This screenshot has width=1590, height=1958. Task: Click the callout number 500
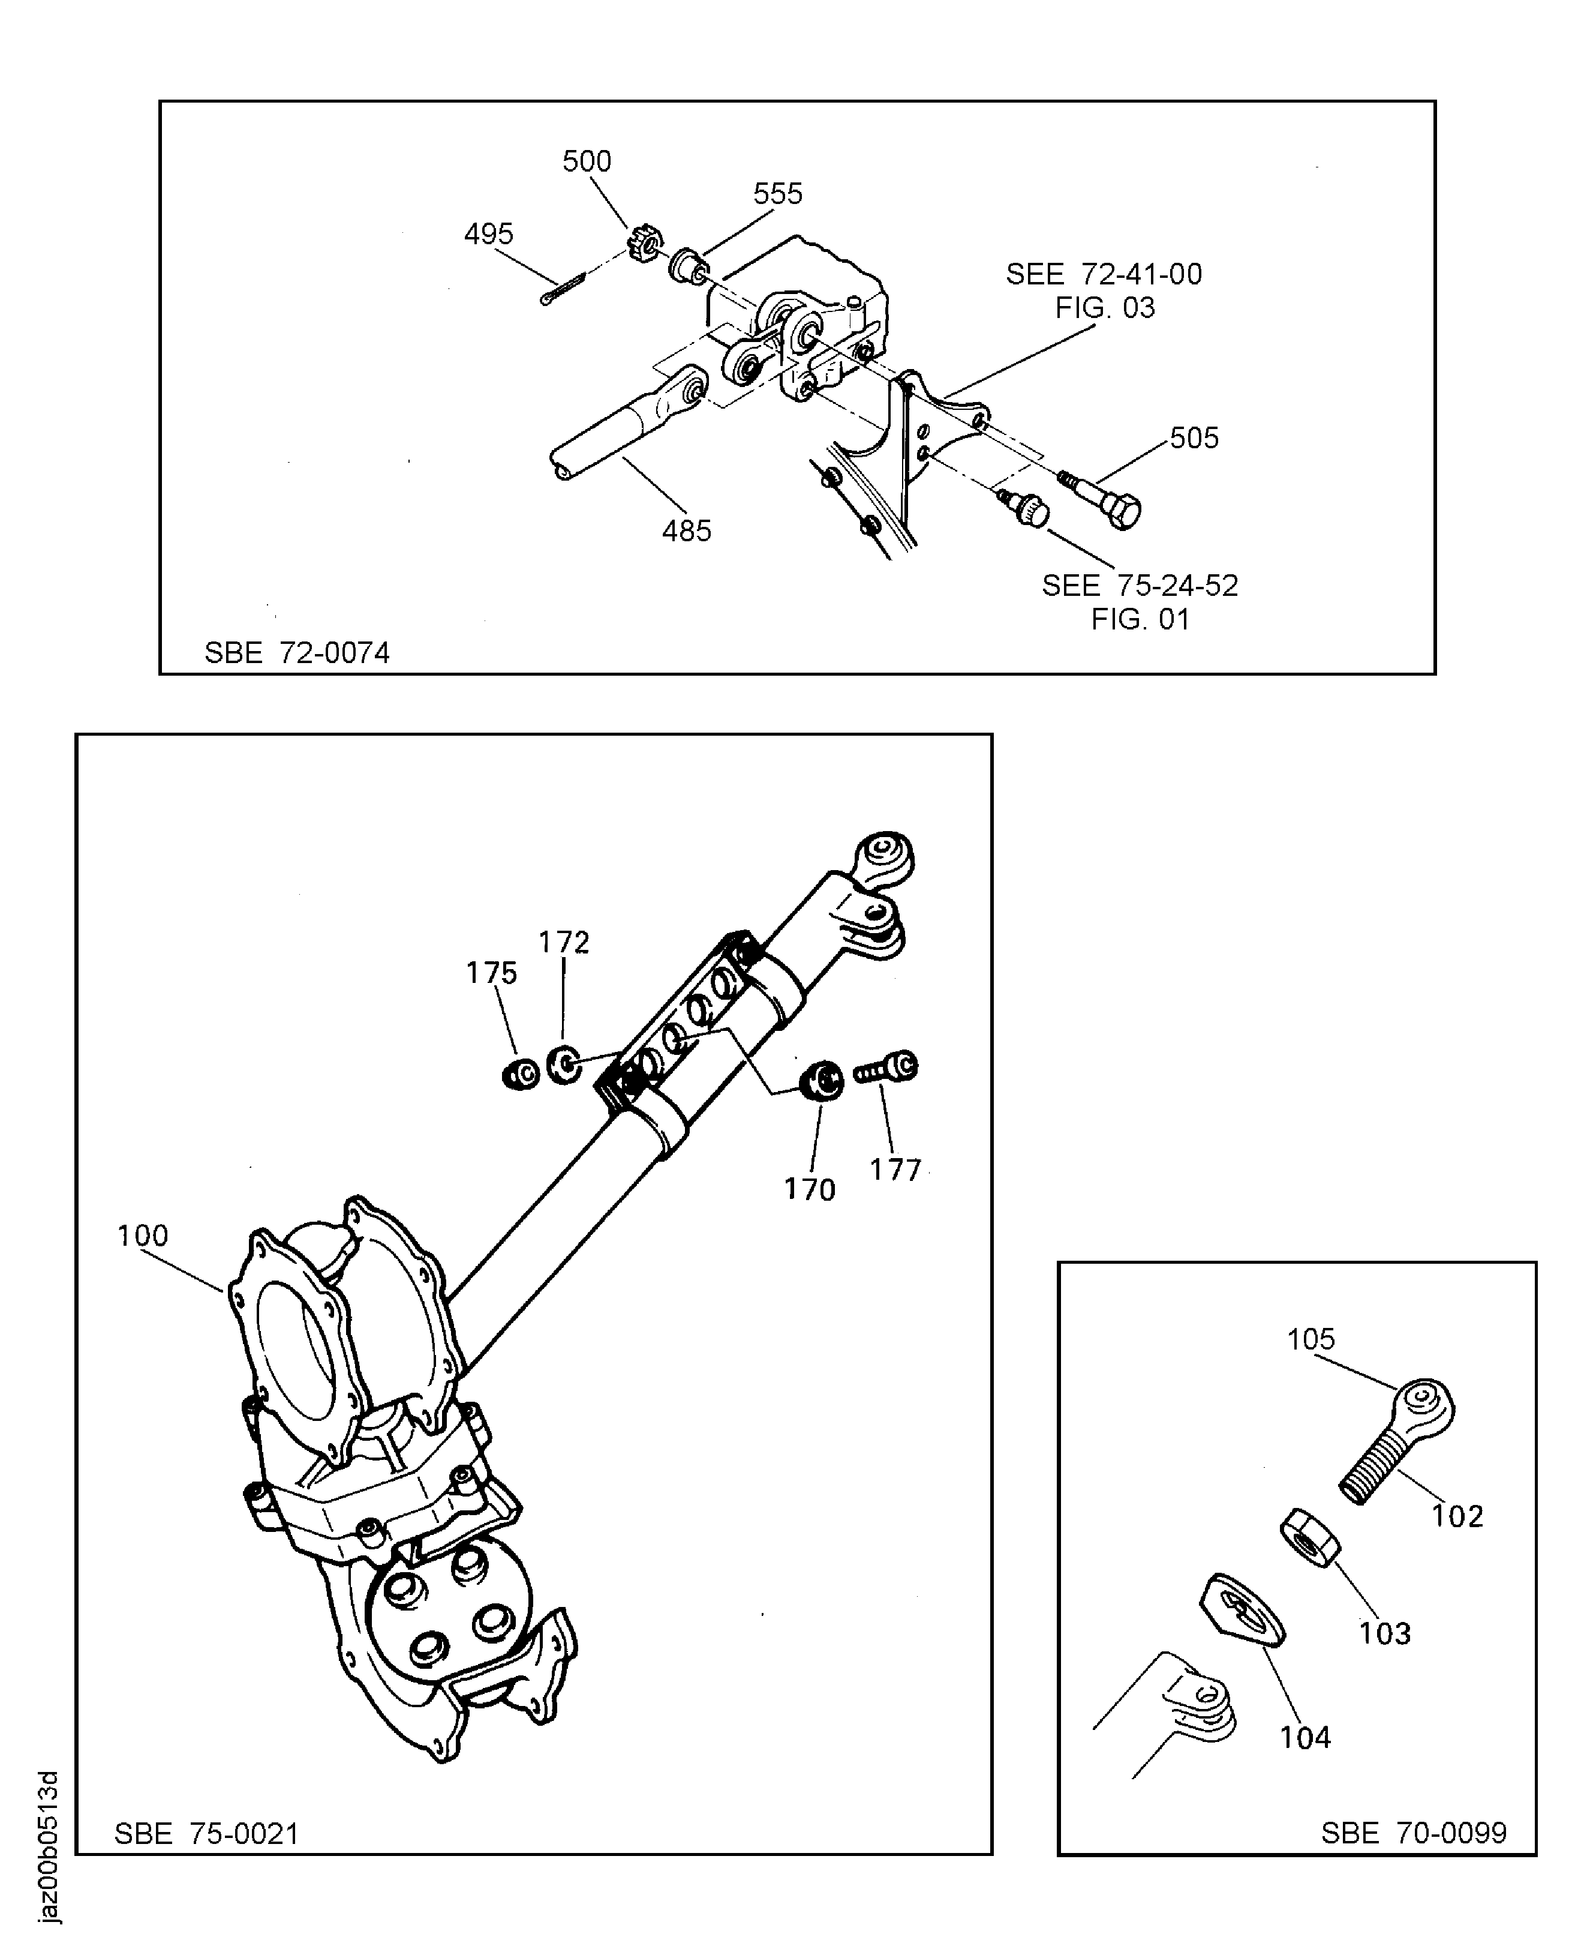pyautogui.click(x=586, y=161)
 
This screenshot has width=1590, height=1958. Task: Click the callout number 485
pyautogui.click(x=686, y=530)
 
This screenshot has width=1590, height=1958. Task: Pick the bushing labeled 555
pyautogui.click(x=688, y=265)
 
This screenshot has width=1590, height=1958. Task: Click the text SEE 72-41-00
pyautogui.click(x=1104, y=274)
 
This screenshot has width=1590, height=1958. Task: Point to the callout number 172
pyautogui.click(x=563, y=942)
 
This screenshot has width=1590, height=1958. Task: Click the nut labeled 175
pyautogui.click(x=522, y=1073)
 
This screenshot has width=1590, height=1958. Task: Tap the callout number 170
pyautogui.click(x=810, y=1189)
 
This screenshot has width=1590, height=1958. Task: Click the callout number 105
pyautogui.click(x=1311, y=1339)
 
